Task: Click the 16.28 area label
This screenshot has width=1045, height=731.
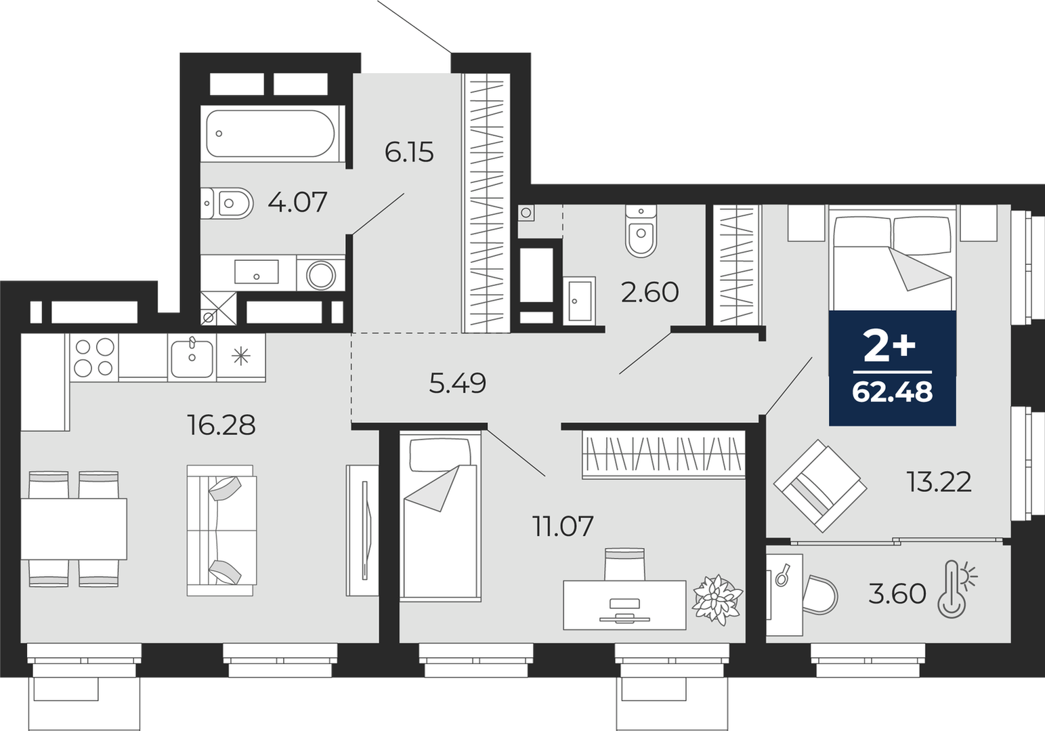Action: tap(221, 425)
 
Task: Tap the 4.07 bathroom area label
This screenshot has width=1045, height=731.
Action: tap(297, 203)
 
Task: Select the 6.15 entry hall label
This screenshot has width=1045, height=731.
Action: tap(409, 152)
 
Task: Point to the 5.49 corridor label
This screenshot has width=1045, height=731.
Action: tap(457, 383)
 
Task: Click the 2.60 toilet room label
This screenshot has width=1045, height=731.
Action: tap(649, 293)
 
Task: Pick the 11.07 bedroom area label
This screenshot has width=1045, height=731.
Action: tap(563, 526)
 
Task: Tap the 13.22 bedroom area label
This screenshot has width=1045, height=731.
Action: tap(939, 482)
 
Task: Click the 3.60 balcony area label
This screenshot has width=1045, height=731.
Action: tap(897, 594)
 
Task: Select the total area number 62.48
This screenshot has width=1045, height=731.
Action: tap(893, 392)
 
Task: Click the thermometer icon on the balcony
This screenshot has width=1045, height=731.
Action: tap(957, 590)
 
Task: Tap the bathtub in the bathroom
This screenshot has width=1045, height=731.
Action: tap(271, 133)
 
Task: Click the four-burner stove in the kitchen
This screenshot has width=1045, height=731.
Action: tap(94, 357)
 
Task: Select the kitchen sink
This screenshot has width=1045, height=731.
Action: tap(192, 357)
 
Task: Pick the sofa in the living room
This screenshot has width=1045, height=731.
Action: tap(221, 530)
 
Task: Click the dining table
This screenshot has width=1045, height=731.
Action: tap(74, 529)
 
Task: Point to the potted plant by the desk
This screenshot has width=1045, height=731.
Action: tap(717, 600)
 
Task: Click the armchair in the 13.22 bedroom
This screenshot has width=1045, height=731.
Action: tap(819, 486)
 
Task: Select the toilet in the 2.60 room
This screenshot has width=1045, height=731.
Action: tap(641, 232)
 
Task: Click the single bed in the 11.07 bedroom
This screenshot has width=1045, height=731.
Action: tap(440, 517)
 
